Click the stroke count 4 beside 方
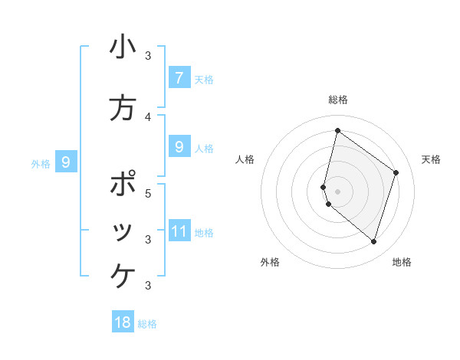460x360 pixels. pos(148,116)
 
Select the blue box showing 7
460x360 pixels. pos(179,77)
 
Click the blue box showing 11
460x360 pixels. pos(179,231)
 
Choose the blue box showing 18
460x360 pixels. pos(123,322)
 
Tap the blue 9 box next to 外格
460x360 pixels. pos(66,162)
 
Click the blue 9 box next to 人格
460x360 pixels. pos(179,147)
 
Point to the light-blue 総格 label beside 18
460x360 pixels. pos(147,324)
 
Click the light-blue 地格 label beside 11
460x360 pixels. pos(204,233)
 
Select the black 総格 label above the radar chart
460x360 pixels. pos(338,100)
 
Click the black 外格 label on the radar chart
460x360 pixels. pos(270,262)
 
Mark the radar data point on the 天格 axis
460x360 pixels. pos(396,172)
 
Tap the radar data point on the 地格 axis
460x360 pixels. pos(373,242)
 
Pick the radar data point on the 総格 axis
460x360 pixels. pos(337,131)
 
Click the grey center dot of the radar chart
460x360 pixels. pos(337,191)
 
